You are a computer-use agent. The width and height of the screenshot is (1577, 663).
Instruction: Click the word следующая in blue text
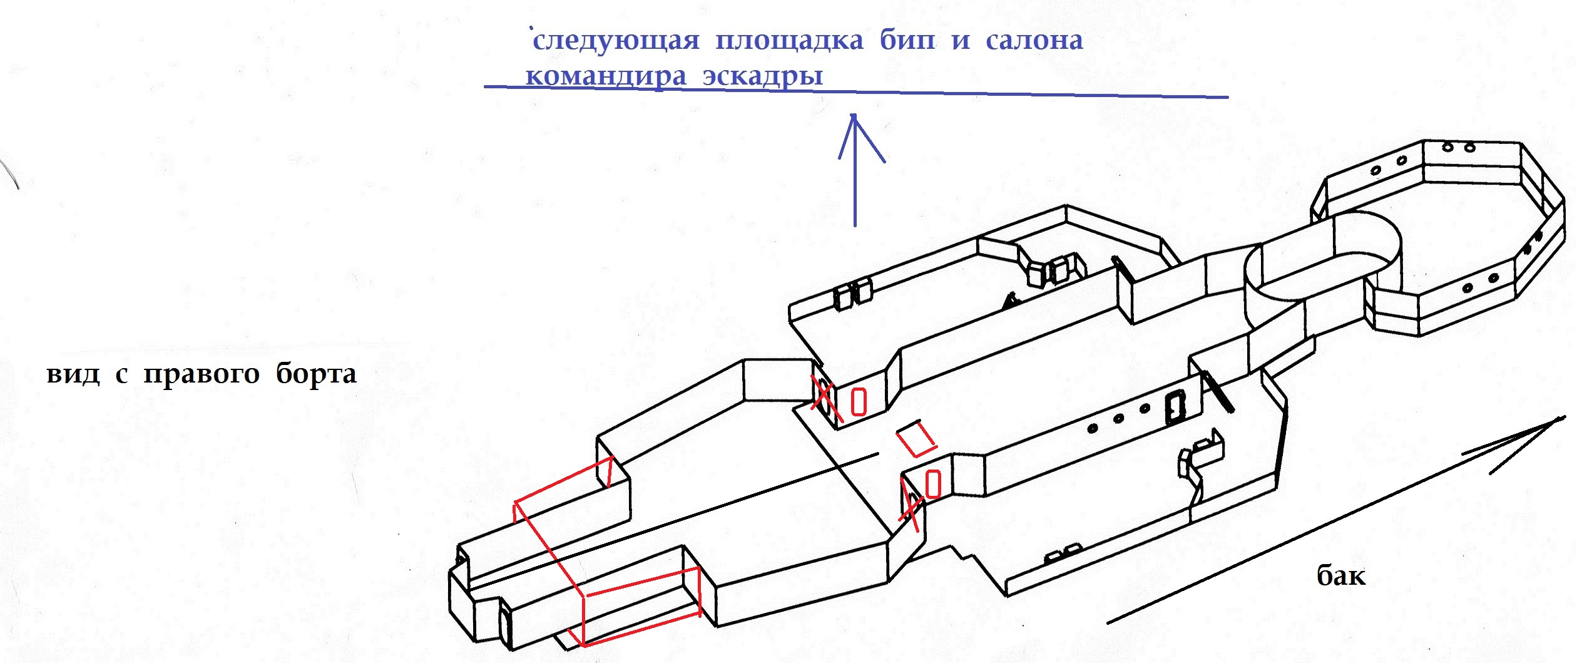[616, 41]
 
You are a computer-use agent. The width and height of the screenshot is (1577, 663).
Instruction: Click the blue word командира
[606, 77]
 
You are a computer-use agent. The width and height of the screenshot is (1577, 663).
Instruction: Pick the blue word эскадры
[762, 76]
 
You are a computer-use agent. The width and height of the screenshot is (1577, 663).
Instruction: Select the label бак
[1340, 575]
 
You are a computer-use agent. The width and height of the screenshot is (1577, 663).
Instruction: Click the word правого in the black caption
[202, 374]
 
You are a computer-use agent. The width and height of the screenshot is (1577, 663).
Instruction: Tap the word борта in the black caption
[316, 374]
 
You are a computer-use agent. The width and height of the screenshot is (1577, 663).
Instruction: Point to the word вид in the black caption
[73, 374]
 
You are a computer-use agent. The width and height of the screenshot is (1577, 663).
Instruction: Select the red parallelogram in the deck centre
[916, 438]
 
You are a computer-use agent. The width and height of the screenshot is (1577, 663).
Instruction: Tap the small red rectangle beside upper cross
[859, 402]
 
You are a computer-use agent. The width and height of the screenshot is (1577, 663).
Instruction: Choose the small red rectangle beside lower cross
[933, 484]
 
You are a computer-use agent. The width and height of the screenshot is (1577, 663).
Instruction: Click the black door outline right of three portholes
[1175, 408]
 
